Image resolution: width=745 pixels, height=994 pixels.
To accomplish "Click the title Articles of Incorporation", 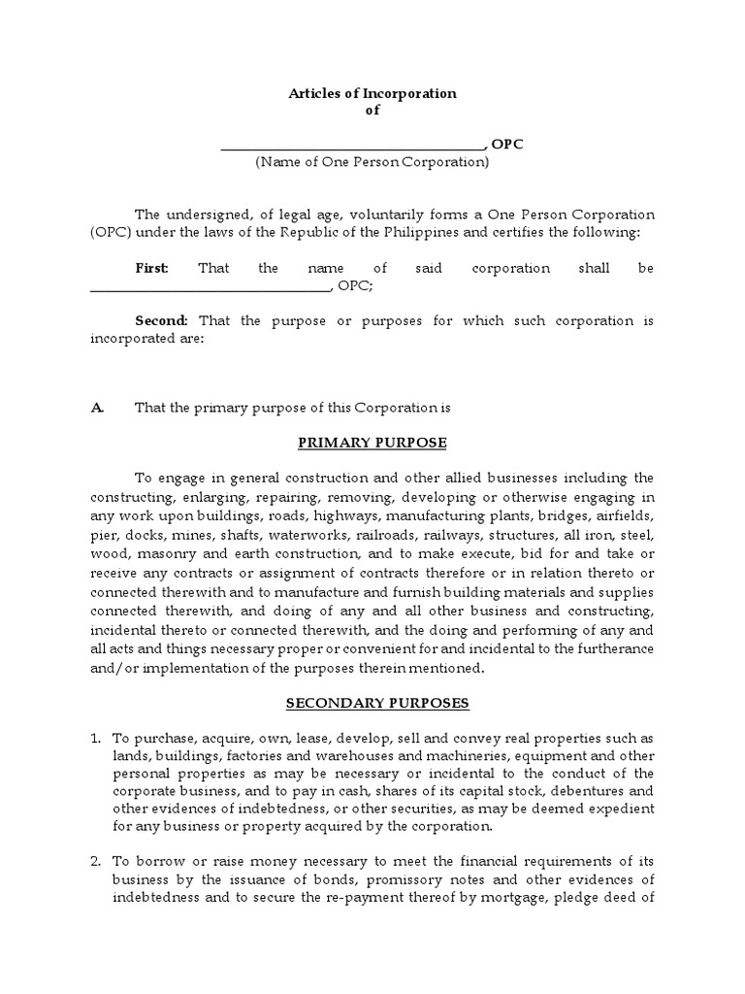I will coord(372,93).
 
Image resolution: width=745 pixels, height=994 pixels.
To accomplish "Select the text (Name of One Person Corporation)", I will coord(372,163).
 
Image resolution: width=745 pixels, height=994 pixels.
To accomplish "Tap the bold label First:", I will coord(151,268).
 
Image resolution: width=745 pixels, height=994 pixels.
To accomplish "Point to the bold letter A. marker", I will coord(97,408).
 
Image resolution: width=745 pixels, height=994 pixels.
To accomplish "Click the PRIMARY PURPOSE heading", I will coord(372,443).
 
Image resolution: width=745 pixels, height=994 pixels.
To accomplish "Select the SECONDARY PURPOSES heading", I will coord(372,702).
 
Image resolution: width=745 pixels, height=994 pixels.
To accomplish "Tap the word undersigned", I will coord(207,215).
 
